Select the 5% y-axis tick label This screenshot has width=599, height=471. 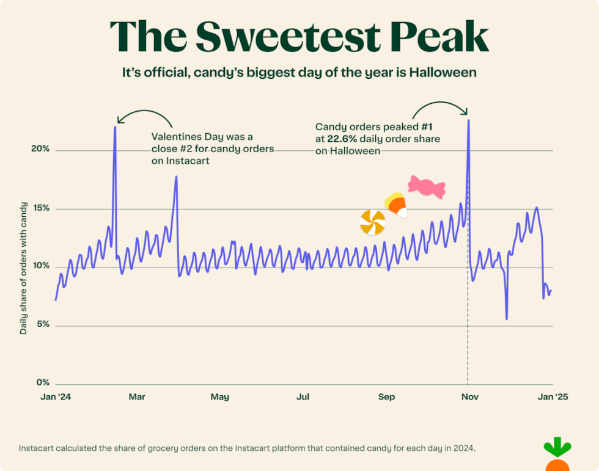click(x=42, y=325)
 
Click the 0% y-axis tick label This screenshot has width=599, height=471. click(x=42, y=383)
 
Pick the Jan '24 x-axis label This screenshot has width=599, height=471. click(x=56, y=397)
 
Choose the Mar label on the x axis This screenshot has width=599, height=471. click(x=137, y=397)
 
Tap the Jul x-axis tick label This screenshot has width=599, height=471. click(x=303, y=397)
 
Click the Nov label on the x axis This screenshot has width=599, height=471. click(x=469, y=397)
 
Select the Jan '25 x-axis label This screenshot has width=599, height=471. click(x=553, y=397)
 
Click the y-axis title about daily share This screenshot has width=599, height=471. click(x=24, y=269)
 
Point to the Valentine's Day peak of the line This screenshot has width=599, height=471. click(x=115, y=128)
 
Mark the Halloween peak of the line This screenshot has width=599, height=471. click(x=468, y=120)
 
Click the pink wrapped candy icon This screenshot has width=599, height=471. click(x=427, y=186)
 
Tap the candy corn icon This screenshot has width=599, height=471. click(x=395, y=205)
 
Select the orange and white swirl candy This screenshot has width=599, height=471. click(x=372, y=222)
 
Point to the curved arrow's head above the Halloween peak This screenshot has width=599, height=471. click(x=466, y=112)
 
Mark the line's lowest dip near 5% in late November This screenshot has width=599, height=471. click(x=507, y=318)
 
